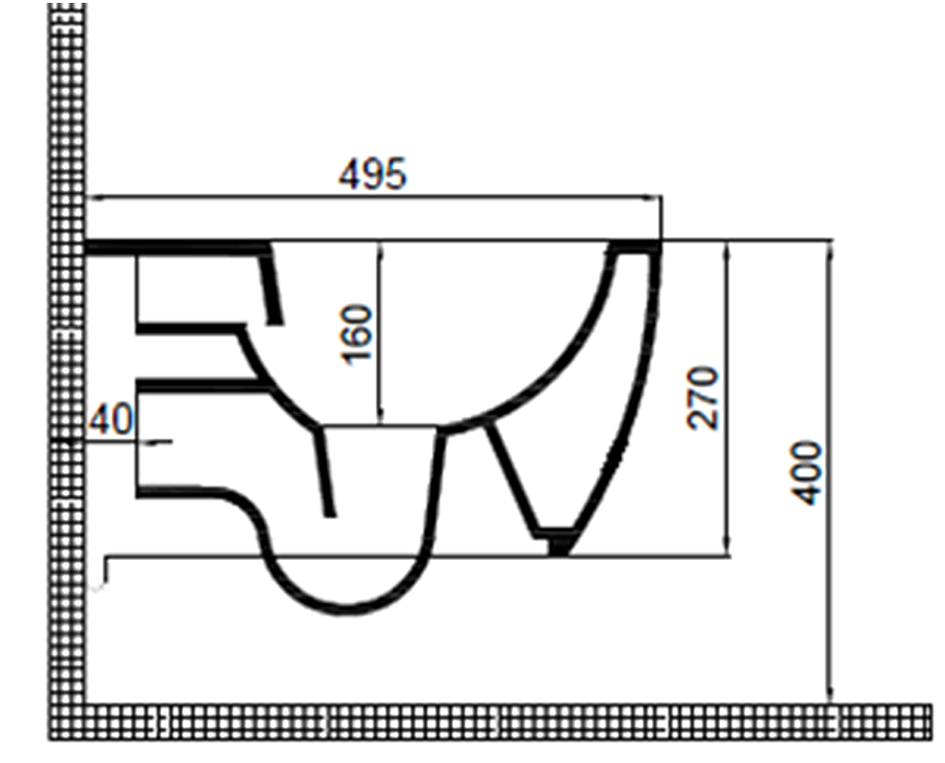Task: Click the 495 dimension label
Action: click(372, 174)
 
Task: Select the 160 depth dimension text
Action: click(357, 334)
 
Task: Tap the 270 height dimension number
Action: click(704, 397)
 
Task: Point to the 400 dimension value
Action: click(808, 472)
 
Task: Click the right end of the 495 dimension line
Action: click(661, 198)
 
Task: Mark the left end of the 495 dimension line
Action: click(88, 198)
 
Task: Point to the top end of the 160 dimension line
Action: click(380, 244)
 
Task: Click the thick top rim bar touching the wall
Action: click(176, 248)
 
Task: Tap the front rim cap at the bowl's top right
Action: click(635, 249)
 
